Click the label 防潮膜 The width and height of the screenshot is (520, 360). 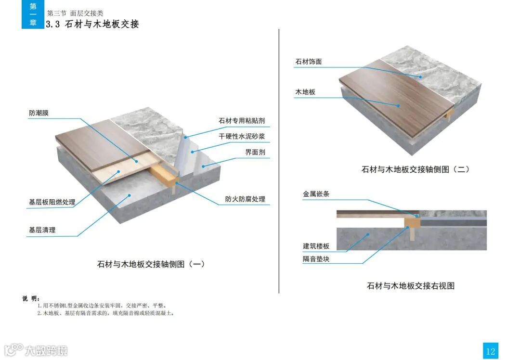(39, 114)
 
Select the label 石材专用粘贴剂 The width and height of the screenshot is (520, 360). (242, 121)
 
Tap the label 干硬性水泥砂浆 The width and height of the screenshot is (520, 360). (242, 137)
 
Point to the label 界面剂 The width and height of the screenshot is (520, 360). (255, 153)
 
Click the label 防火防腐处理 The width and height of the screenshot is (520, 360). (245, 199)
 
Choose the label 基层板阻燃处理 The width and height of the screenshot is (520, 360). (52, 202)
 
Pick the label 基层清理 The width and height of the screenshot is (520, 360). (42, 230)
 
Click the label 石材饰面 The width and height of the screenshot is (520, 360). (308, 62)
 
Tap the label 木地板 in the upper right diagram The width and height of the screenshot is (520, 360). (305, 92)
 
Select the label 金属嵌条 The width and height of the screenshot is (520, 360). (316, 194)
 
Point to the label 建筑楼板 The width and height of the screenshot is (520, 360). (316, 246)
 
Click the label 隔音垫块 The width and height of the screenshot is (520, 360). (316, 259)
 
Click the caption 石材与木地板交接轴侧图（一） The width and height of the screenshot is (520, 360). (151, 264)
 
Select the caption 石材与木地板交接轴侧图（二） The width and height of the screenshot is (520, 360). (415, 169)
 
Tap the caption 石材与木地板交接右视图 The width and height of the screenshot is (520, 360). (411, 286)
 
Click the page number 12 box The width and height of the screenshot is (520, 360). (490, 351)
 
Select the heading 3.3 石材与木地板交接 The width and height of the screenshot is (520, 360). (92, 24)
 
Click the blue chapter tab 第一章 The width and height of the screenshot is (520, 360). (33, 14)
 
